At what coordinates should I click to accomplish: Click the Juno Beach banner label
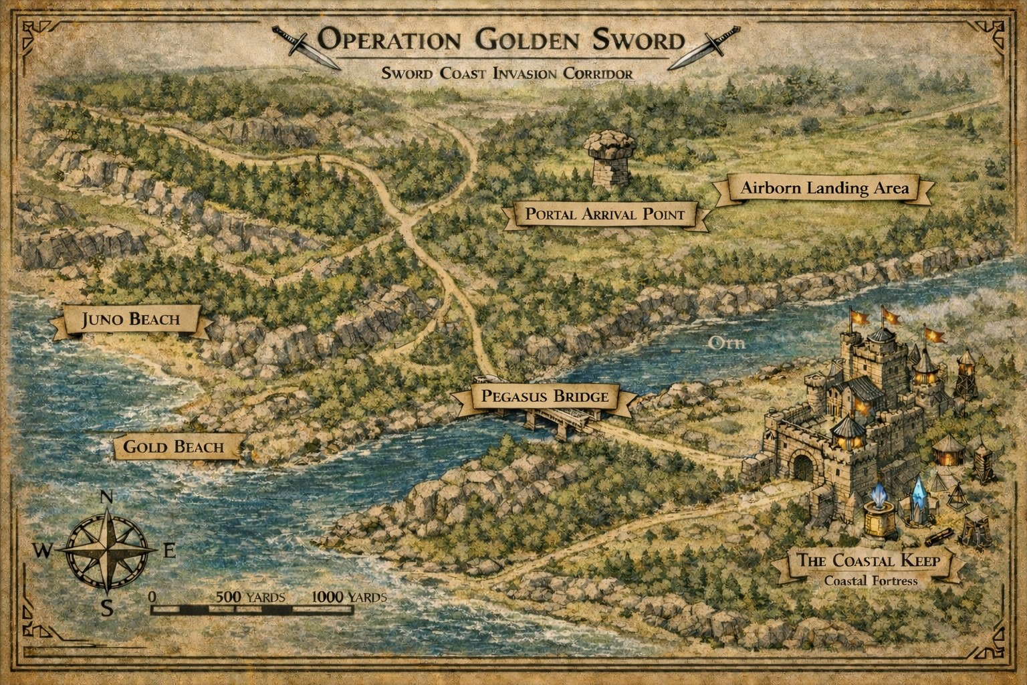(x=131, y=319)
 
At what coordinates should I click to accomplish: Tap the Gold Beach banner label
(x=174, y=447)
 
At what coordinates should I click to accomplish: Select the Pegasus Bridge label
(x=545, y=397)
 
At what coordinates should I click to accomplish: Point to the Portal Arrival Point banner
(x=605, y=215)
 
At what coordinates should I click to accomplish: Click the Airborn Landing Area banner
(x=824, y=189)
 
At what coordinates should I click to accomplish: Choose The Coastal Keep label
(x=867, y=561)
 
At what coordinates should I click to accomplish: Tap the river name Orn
(x=726, y=343)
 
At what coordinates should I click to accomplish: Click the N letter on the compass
(x=106, y=497)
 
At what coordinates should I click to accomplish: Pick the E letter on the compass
(x=169, y=551)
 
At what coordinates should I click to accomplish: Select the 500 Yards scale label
(x=251, y=597)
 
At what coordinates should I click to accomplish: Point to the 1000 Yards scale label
(x=348, y=597)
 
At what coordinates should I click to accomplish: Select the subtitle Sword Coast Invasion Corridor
(x=507, y=74)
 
